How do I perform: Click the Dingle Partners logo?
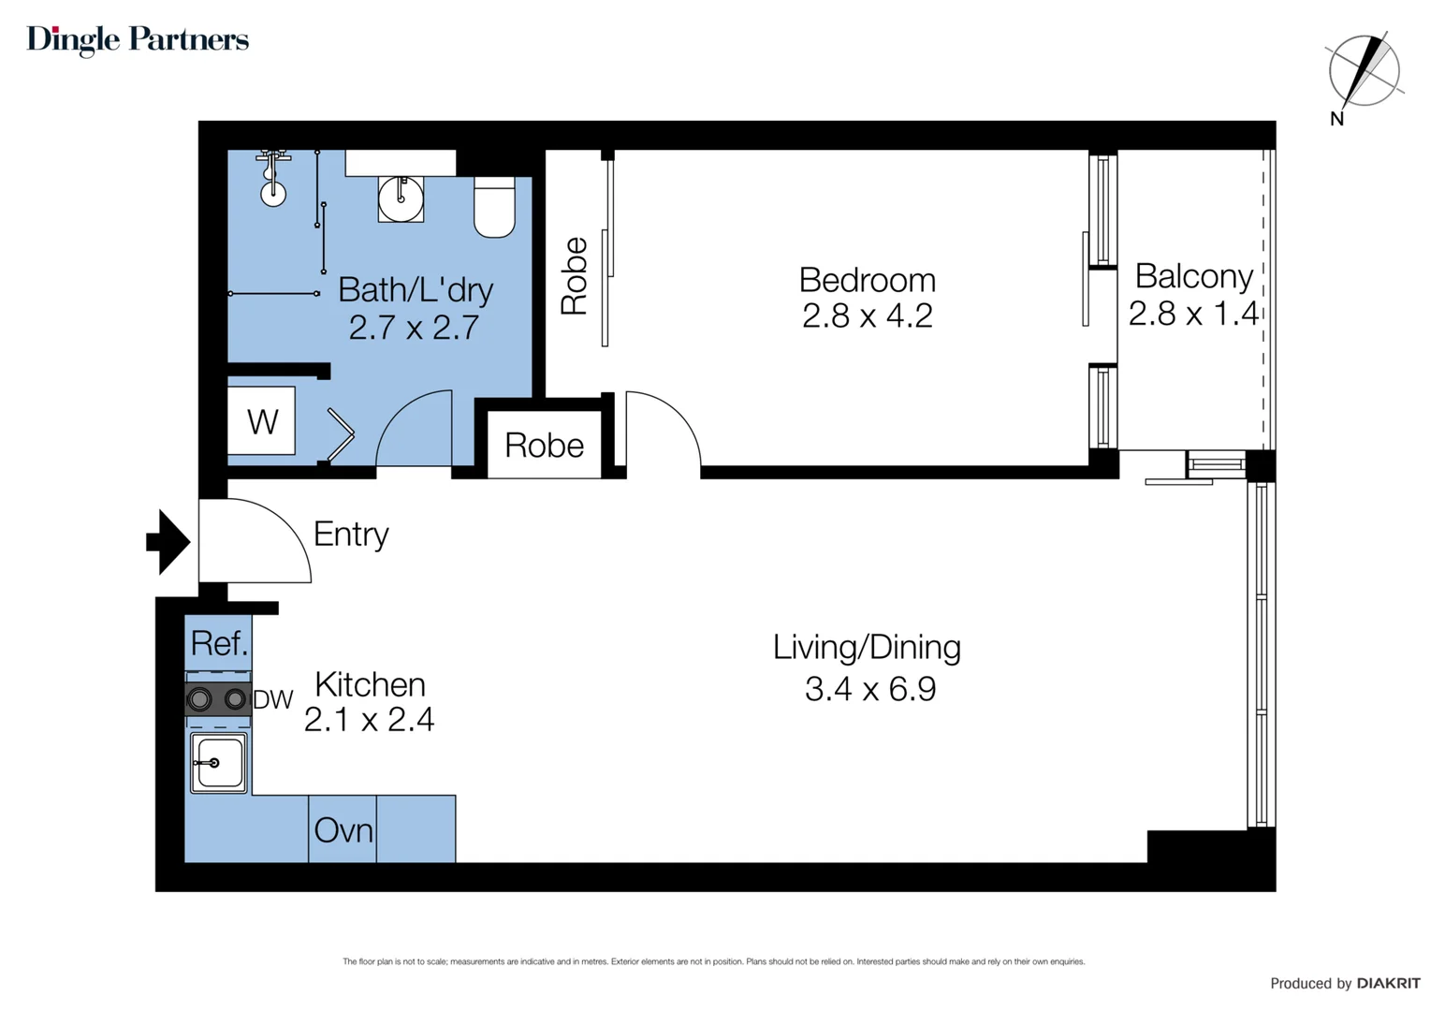138,39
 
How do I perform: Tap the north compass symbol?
1364,71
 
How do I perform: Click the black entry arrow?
169,541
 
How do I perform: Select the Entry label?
351,534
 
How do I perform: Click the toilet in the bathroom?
494,207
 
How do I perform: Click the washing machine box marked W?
262,421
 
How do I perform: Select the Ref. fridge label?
219,643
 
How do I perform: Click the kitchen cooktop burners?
217,699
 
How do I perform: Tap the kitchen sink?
219,763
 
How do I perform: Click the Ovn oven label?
343,830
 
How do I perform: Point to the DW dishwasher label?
273,699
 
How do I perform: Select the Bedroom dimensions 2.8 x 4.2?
867,316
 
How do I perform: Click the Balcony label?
1193,276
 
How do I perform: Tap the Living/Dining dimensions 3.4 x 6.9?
869,689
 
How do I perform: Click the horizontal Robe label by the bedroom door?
544,446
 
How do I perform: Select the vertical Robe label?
574,276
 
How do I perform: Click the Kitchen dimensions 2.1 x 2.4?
369,719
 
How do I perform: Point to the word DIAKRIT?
1388,983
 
